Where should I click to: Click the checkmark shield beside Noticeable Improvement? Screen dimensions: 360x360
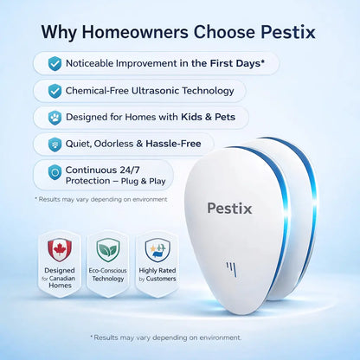click(x=55, y=63)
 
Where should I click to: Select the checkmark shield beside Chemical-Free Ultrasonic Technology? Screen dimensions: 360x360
click(x=55, y=90)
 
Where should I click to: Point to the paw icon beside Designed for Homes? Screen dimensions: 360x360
click(x=55, y=117)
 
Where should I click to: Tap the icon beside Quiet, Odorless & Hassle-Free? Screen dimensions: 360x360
click(x=55, y=144)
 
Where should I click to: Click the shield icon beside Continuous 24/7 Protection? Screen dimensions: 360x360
click(x=55, y=171)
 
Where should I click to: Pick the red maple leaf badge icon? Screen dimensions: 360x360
click(x=60, y=250)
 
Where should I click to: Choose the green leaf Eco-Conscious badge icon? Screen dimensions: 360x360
click(x=108, y=250)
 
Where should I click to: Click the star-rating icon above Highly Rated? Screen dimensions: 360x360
click(x=157, y=250)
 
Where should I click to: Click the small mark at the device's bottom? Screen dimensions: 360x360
click(x=231, y=268)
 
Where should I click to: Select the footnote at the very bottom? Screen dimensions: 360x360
click(x=165, y=337)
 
